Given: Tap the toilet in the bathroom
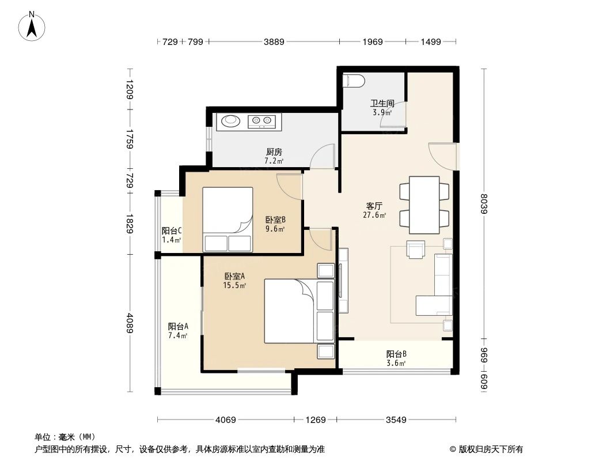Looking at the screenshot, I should [x=353, y=81].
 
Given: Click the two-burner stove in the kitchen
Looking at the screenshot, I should [x=262, y=121].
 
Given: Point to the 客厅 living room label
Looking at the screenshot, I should [x=374, y=206].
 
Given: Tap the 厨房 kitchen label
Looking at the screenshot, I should [x=274, y=152].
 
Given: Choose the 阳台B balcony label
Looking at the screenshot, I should [x=396, y=354].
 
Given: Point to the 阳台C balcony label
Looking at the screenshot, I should [x=172, y=231].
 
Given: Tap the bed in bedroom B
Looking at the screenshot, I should [x=228, y=220].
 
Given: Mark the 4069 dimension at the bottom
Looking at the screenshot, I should [x=225, y=420].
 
